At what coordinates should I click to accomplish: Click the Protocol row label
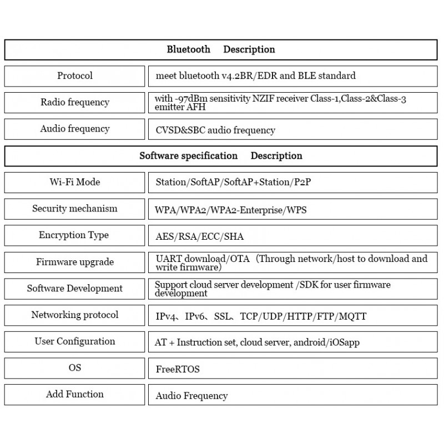tap(75, 75)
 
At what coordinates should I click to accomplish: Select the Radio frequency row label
tap(75, 102)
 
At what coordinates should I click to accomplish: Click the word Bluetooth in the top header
tap(188, 49)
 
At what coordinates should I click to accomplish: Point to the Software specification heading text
tap(188, 156)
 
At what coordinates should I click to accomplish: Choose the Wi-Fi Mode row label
tap(75, 182)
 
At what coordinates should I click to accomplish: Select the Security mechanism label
tap(75, 209)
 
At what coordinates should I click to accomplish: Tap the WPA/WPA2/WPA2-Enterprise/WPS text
tap(230, 210)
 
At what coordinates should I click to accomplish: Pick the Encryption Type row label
tap(74, 235)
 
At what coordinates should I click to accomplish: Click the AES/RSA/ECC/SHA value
tap(199, 236)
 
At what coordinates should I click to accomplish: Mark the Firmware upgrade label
tap(75, 262)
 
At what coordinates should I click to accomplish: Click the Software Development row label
tap(75, 288)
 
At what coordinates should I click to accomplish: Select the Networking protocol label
tap(75, 315)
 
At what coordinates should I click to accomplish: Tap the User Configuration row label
tap(75, 341)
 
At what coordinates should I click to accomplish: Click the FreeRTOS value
tap(178, 369)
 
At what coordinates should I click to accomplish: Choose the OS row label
tap(75, 367)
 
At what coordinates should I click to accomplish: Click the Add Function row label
tap(75, 394)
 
